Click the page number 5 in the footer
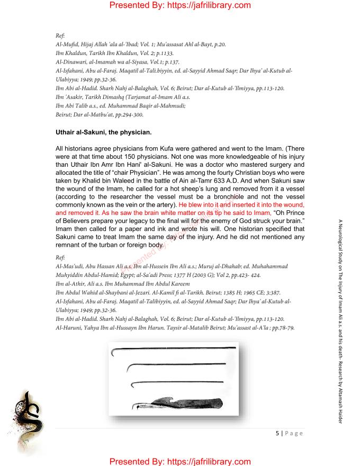click(x=277, y=433)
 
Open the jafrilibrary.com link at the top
click(x=180, y=6)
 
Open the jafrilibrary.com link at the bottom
click(x=180, y=461)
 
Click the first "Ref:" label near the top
click(x=60, y=35)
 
